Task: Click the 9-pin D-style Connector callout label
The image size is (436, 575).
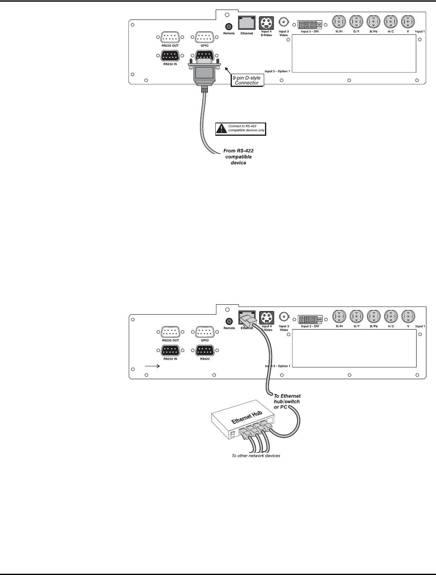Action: click(x=247, y=80)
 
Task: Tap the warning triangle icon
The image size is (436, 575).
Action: click(x=222, y=129)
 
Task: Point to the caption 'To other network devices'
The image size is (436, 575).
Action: click(x=255, y=456)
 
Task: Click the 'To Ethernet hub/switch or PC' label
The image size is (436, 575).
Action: click(x=287, y=402)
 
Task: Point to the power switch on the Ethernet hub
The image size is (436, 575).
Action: click(x=233, y=433)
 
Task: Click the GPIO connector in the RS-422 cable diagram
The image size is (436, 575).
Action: click(x=205, y=38)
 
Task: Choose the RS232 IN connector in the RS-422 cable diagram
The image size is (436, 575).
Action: click(x=170, y=55)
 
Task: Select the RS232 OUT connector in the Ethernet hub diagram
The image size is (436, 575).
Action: click(x=170, y=332)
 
